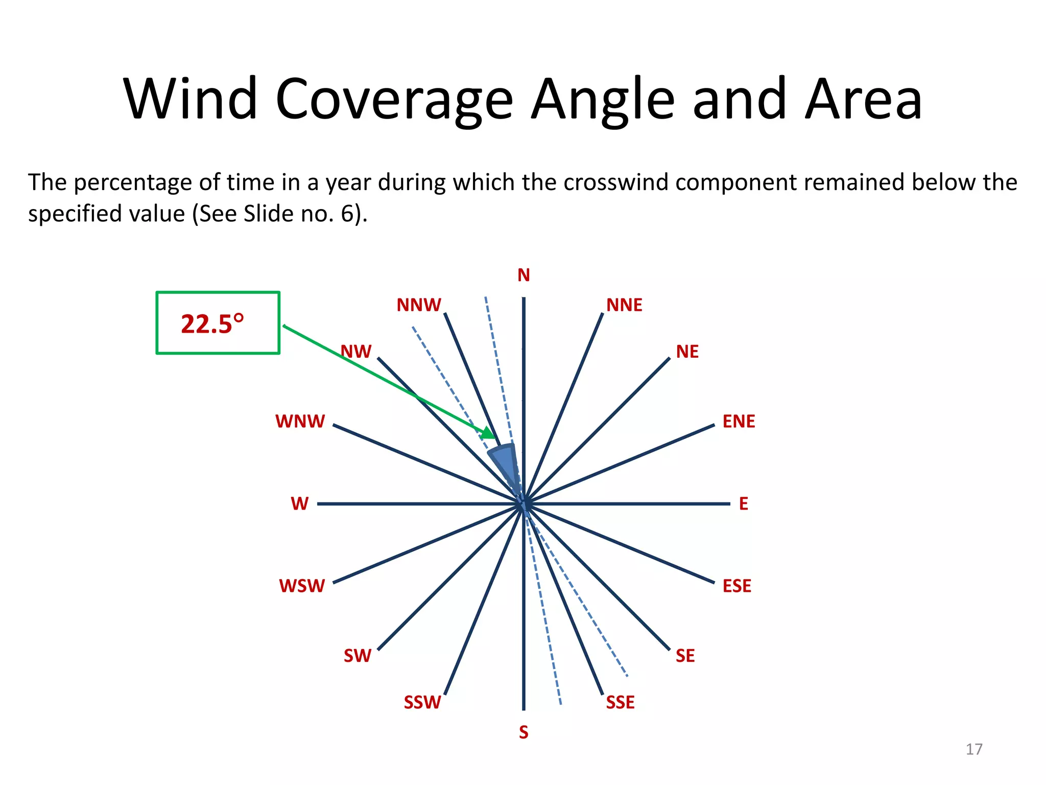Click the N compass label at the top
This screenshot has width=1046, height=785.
(524, 275)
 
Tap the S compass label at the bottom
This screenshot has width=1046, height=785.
(524, 732)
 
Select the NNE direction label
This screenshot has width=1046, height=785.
(624, 305)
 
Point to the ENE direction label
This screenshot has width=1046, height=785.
(739, 422)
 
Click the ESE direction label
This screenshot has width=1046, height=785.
(736, 586)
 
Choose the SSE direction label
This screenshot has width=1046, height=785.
(620, 703)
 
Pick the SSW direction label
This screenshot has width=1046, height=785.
(422, 703)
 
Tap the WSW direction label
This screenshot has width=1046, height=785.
(302, 586)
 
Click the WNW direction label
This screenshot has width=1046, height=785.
(300, 422)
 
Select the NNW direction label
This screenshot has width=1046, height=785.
(419, 305)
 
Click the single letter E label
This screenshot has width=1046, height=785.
(744, 504)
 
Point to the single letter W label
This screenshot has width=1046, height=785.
(300, 504)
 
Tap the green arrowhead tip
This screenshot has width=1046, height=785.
(494, 438)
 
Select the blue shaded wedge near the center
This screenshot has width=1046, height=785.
(505, 463)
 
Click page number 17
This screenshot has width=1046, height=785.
(974, 749)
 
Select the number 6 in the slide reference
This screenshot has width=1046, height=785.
(347, 214)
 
